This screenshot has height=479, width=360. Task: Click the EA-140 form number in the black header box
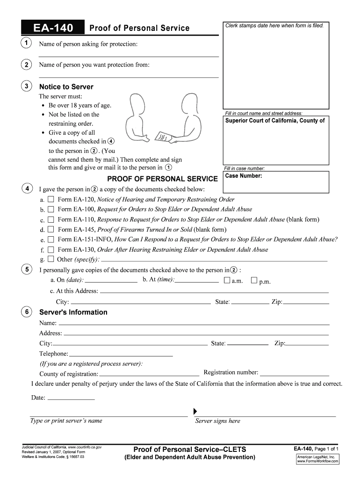tap(53, 28)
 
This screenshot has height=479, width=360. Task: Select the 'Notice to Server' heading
tap(66, 87)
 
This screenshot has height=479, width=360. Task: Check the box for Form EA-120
tap(50, 200)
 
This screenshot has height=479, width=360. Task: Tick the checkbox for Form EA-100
tap(50, 210)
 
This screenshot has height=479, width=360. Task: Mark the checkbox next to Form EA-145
tap(50, 230)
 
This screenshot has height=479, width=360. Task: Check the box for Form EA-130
tap(50, 250)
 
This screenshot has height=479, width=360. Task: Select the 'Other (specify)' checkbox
tap(50, 260)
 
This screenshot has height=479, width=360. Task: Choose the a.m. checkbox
tap(227, 281)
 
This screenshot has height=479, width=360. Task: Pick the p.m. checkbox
tap(254, 281)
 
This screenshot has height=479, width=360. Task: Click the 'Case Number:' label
tap(244, 176)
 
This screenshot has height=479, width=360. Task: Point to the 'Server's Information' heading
tap(73, 312)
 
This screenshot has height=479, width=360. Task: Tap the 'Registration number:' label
tap(231, 372)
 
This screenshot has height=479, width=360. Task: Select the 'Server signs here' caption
tap(217, 421)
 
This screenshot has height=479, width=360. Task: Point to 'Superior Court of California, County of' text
tap(275, 121)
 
